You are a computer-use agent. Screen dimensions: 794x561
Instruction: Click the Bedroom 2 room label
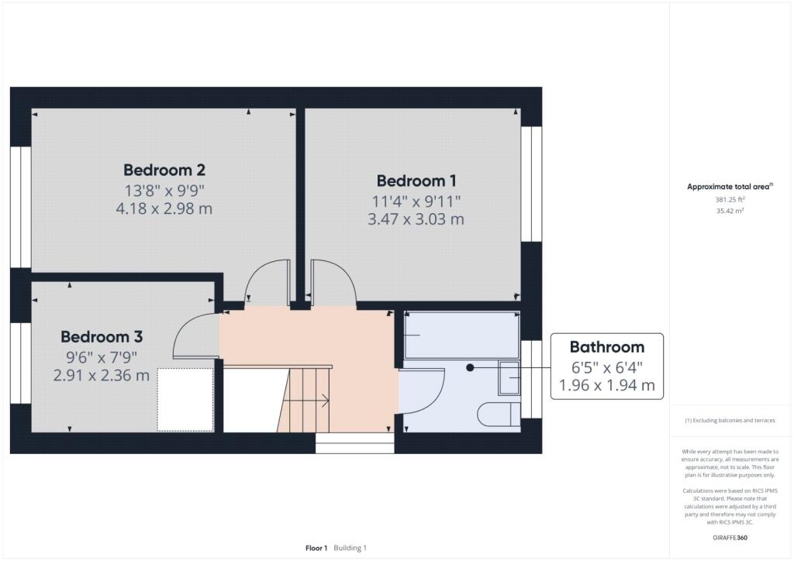(x=164, y=170)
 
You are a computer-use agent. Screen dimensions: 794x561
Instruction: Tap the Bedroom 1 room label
(x=416, y=181)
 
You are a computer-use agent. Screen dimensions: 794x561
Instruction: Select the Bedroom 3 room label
(x=102, y=337)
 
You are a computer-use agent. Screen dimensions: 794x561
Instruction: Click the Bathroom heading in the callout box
(x=606, y=347)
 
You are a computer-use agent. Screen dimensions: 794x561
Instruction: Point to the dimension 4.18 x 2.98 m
(x=164, y=208)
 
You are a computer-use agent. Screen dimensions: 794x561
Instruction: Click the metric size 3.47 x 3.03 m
(x=416, y=219)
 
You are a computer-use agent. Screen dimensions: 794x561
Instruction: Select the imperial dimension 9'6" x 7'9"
(x=102, y=358)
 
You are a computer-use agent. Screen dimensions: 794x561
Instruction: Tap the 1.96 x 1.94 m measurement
(x=606, y=385)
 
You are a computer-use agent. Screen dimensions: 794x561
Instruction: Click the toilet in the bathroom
(x=499, y=415)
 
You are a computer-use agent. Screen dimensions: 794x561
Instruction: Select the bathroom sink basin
(x=509, y=377)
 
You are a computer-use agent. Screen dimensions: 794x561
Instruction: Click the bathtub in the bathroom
(x=462, y=335)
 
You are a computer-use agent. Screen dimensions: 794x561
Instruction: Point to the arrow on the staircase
(x=305, y=401)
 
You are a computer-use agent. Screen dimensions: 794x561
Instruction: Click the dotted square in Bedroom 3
(x=185, y=400)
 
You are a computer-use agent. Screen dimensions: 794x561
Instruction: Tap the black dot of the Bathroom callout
(x=470, y=368)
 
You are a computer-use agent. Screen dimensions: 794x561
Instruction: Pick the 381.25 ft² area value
(x=730, y=200)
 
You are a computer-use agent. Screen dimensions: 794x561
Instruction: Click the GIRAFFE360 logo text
(x=730, y=538)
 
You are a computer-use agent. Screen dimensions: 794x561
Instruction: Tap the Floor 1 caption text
(x=316, y=548)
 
